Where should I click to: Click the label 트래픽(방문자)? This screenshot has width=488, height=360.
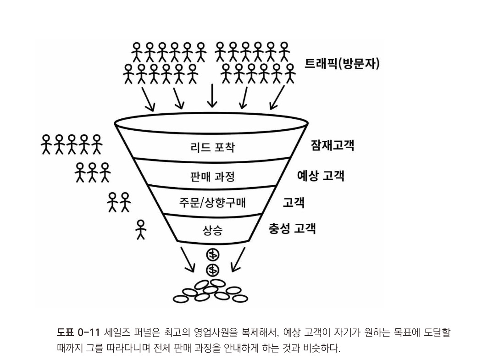tap(342, 63)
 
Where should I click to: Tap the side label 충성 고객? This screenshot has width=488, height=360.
tap(292, 228)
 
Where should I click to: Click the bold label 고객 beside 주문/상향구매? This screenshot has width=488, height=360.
tap(294, 202)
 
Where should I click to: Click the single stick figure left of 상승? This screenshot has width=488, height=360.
tap(141, 229)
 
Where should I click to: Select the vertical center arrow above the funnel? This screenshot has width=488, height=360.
tap(211, 94)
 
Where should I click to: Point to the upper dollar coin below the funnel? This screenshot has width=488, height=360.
tap(213, 255)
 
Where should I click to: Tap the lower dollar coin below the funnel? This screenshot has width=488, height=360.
tap(213, 269)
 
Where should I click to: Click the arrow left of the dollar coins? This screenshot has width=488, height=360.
tap(188, 259)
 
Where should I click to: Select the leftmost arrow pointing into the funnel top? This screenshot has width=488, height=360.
tap(148, 98)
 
